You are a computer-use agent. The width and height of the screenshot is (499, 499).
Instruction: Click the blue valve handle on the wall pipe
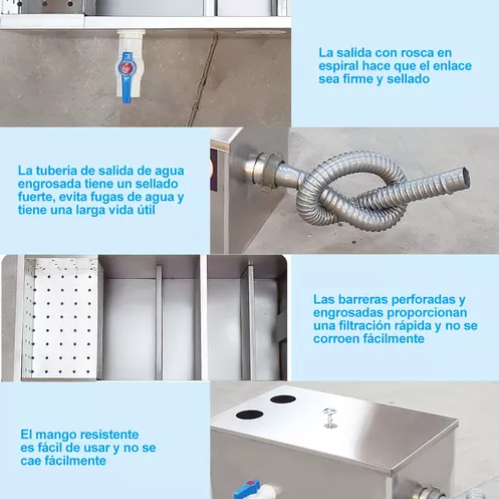pyautogui.click(x=127, y=78)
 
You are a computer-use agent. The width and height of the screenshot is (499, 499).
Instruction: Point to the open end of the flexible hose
pyautogui.click(x=465, y=178)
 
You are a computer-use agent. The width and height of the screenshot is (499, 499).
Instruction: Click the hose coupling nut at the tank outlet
pyautogui.click(x=266, y=171)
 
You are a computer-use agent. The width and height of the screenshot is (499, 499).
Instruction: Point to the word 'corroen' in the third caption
pyautogui.click(x=338, y=339)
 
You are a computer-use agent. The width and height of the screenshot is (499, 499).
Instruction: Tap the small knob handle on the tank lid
pyautogui.click(x=329, y=417)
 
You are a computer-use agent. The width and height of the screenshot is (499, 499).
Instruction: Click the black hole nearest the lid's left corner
pyautogui.click(x=249, y=414)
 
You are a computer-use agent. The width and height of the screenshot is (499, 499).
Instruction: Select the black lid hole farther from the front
pyautogui.click(x=283, y=399)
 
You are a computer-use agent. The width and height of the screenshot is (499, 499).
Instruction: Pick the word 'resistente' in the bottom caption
pyautogui.click(x=105, y=435)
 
